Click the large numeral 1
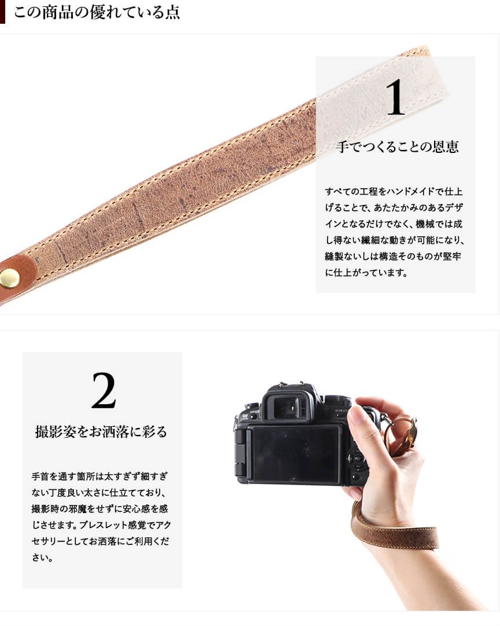pyautogui.click(x=395, y=97)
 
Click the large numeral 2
pyautogui.click(x=104, y=390)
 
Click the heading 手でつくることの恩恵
pyautogui.click(x=398, y=147)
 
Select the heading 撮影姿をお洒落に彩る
pyautogui.click(x=101, y=431)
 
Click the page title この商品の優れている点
pyautogui.click(x=97, y=12)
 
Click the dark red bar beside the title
pyautogui.click(x=2, y=12)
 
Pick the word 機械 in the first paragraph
pyautogui.click(x=425, y=224)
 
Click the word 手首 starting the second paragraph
pyautogui.click(x=41, y=476)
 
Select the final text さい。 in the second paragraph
pyautogui.click(x=42, y=558)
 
